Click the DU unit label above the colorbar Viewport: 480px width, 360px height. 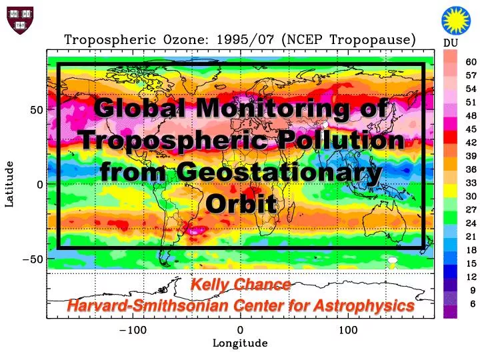451,44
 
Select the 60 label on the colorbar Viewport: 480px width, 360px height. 471,62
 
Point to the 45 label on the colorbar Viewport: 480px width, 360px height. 471,129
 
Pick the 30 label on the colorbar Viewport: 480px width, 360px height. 471,196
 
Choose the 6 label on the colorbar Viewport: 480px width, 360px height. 473,303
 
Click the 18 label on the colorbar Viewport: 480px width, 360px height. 471,250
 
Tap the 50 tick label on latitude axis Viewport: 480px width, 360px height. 37,110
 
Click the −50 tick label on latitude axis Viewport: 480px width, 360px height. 33,259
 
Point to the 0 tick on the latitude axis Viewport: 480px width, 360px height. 41,184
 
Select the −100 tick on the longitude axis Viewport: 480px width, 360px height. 132,330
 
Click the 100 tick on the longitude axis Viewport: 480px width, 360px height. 348,330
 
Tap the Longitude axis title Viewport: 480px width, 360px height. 240,343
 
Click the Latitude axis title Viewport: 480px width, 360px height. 9,184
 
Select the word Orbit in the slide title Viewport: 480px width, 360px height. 241,203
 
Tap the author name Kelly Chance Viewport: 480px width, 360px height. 241,285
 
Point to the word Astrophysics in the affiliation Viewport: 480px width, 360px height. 361,306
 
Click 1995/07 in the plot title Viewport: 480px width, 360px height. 245,40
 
